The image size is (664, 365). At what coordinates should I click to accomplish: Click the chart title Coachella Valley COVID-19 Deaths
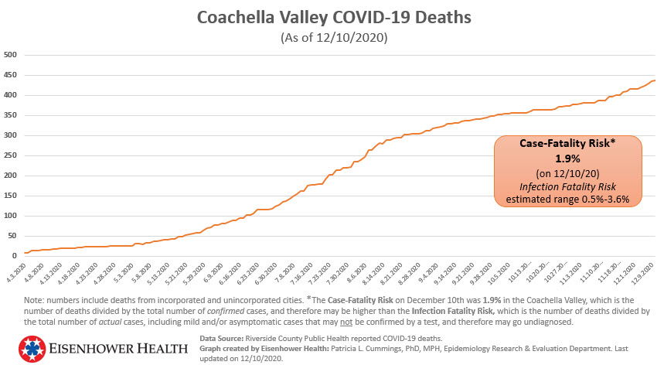click(333, 16)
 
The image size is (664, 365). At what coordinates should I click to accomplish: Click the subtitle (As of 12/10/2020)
click(333, 36)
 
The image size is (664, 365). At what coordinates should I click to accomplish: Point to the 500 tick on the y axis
click(10, 55)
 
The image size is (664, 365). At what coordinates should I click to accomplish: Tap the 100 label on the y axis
click(10, 216)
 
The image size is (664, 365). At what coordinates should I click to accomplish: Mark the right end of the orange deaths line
click(655, 80)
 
